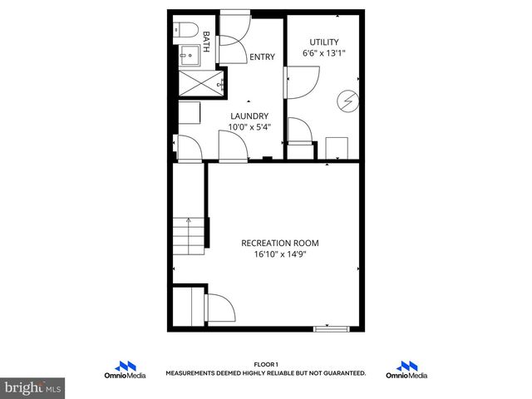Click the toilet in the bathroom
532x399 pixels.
point(185,32)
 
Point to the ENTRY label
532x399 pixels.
point(261,57)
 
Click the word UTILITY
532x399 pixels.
point(324,42)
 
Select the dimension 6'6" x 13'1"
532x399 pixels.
point(324,53)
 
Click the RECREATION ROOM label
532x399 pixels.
point(279,243)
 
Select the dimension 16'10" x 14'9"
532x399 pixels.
point(279,254)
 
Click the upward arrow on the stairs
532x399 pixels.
point(190,223)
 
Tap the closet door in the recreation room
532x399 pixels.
point(221,308)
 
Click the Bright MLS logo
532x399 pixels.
point(33,387)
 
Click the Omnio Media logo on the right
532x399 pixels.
point(406,371)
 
